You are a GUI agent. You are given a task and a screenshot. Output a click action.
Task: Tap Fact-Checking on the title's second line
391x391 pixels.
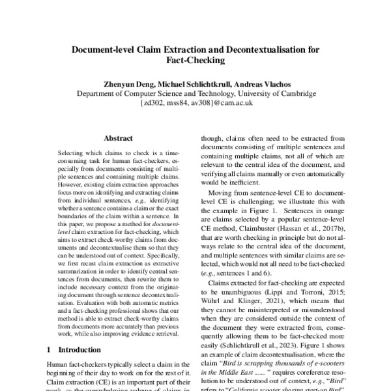195,61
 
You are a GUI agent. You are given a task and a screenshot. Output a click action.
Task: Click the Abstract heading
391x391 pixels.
119,138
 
